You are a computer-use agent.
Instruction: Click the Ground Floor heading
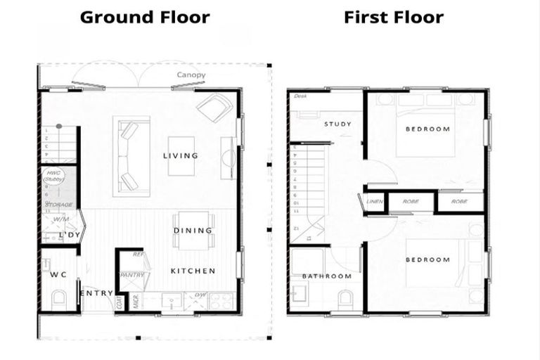pos(145,17)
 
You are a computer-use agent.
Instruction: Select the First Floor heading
pos(394,17)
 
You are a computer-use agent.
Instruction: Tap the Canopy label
pos(191,75)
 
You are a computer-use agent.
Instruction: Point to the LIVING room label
pos(181,155)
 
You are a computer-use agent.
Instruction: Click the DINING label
pos(193,231)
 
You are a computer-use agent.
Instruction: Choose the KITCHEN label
pos(193,271)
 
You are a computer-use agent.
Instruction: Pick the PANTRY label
pos(132,275)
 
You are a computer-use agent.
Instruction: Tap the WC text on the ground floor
pos(58,275)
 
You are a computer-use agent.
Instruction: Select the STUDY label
pos(337,124)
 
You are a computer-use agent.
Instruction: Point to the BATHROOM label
pos(327,276)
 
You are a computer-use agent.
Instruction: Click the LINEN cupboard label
pos(374,201)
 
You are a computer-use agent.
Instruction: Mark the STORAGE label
pos(59,205)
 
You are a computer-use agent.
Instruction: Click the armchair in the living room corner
pos(215,108)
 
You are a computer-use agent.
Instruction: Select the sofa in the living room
pos(130,155)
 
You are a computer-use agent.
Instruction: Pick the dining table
pos(193,231)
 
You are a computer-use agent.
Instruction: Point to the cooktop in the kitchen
pos(221,302)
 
